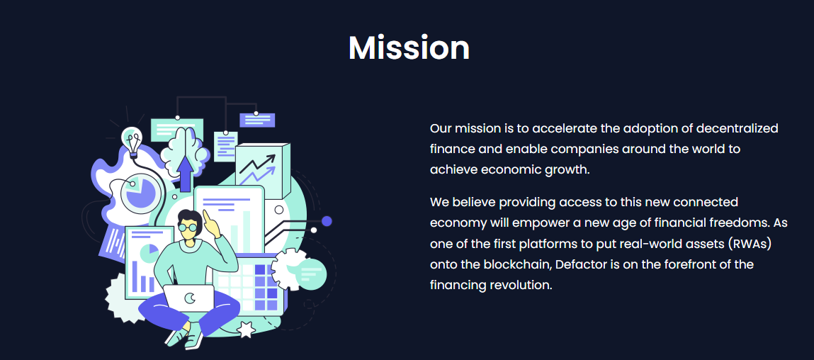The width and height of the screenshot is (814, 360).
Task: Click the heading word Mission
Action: coord(409,47)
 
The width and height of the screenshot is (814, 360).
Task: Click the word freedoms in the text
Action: coord(735,223)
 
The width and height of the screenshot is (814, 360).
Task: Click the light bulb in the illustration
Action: coord(132,141)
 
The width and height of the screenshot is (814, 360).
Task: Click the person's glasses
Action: coord(188,227)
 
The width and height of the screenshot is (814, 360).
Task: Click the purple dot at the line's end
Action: coord(327,221)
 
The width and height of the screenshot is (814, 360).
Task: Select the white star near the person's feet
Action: coord(246,330)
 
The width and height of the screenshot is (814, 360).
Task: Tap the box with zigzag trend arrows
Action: coord(262,171)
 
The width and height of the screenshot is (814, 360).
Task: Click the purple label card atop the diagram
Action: coord(257,120)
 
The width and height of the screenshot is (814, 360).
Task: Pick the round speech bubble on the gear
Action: coord(311,273)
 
